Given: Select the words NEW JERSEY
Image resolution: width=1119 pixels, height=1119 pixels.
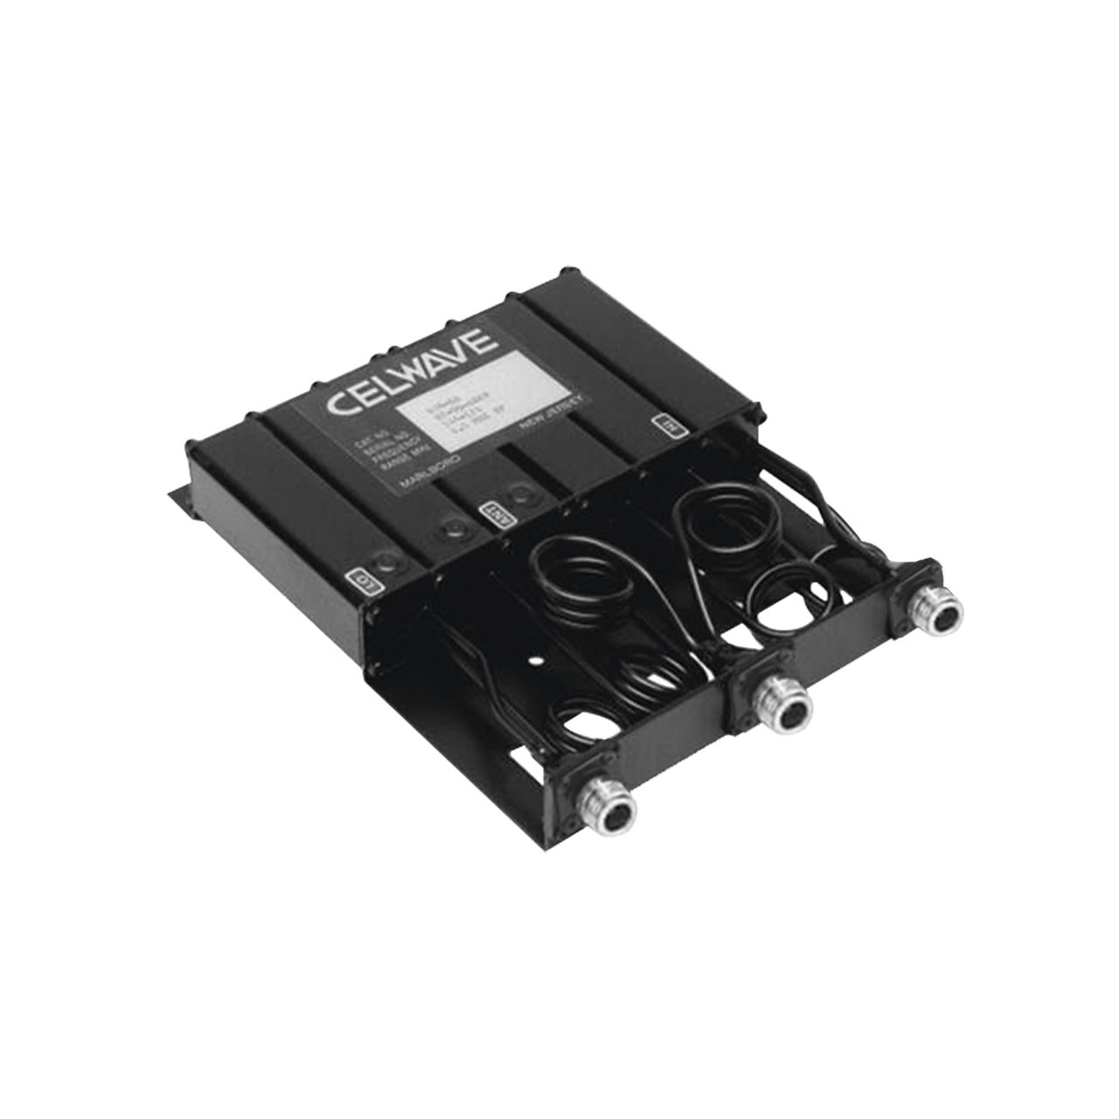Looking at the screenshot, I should (551, 412).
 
